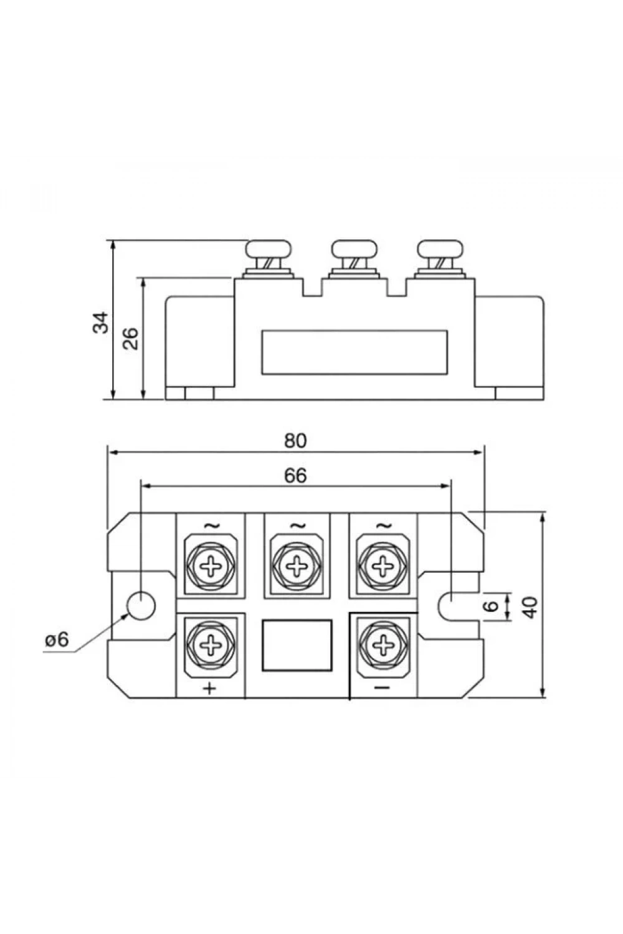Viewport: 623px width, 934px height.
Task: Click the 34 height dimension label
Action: point(100,323)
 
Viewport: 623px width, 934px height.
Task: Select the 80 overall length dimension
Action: point(295,441)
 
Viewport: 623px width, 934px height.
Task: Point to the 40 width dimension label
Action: point(530,608)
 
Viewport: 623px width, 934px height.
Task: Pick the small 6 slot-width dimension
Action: point(493,605)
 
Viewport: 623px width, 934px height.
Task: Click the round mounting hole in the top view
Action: point(141,605)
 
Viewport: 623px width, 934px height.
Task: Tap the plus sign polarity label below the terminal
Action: point(209,687)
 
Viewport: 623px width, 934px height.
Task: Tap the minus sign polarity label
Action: point(382,687)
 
